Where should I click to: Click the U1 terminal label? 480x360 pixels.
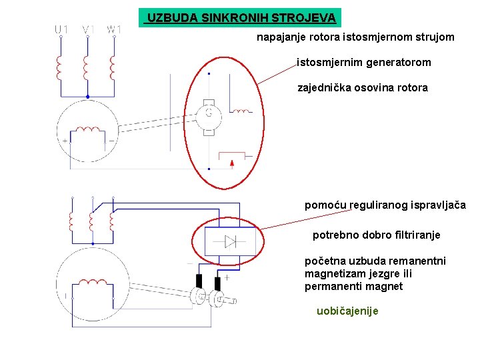coord(61,29)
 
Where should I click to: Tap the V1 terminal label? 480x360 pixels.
coord(88,29)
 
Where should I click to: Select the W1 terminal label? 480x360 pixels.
coord(114,29)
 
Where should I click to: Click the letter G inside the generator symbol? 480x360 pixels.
coord(209,114)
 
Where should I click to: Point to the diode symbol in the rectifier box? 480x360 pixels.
coord(231,241)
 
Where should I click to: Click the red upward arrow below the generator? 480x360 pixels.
coord(231,162)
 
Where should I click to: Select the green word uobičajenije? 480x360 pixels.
coord(347,311)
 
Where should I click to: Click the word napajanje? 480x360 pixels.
coord(281,37)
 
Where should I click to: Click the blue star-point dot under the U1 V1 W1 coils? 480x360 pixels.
coord(88,96)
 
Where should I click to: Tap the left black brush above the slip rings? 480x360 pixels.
coord(198,281)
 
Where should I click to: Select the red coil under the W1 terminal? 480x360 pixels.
coord(113,66)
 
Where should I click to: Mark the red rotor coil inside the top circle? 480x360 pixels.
coord(87,131)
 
